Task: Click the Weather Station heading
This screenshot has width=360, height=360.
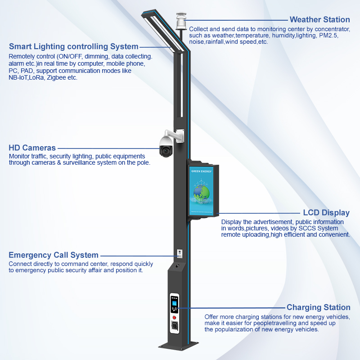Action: point(319,19)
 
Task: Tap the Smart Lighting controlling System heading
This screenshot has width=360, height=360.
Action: point(74,46)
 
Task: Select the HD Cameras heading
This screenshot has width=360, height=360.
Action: point(32,148)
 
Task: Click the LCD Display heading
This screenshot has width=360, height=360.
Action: point(326,212)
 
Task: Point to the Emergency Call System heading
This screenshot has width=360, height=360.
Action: point(54,255)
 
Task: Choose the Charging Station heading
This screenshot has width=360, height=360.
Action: point(319,307)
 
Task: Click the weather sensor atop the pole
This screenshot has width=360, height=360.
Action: point(180,21)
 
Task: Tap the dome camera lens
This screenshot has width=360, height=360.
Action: point(166,151)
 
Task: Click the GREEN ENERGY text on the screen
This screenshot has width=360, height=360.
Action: point(201,171)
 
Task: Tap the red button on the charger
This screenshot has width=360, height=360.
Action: point(174,318)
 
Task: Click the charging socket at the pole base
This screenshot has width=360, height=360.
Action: point(175,326)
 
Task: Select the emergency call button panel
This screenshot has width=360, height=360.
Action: point(180,253)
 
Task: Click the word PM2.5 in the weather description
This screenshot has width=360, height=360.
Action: point(328,36)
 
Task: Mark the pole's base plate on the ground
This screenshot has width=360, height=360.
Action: point(178,346)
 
